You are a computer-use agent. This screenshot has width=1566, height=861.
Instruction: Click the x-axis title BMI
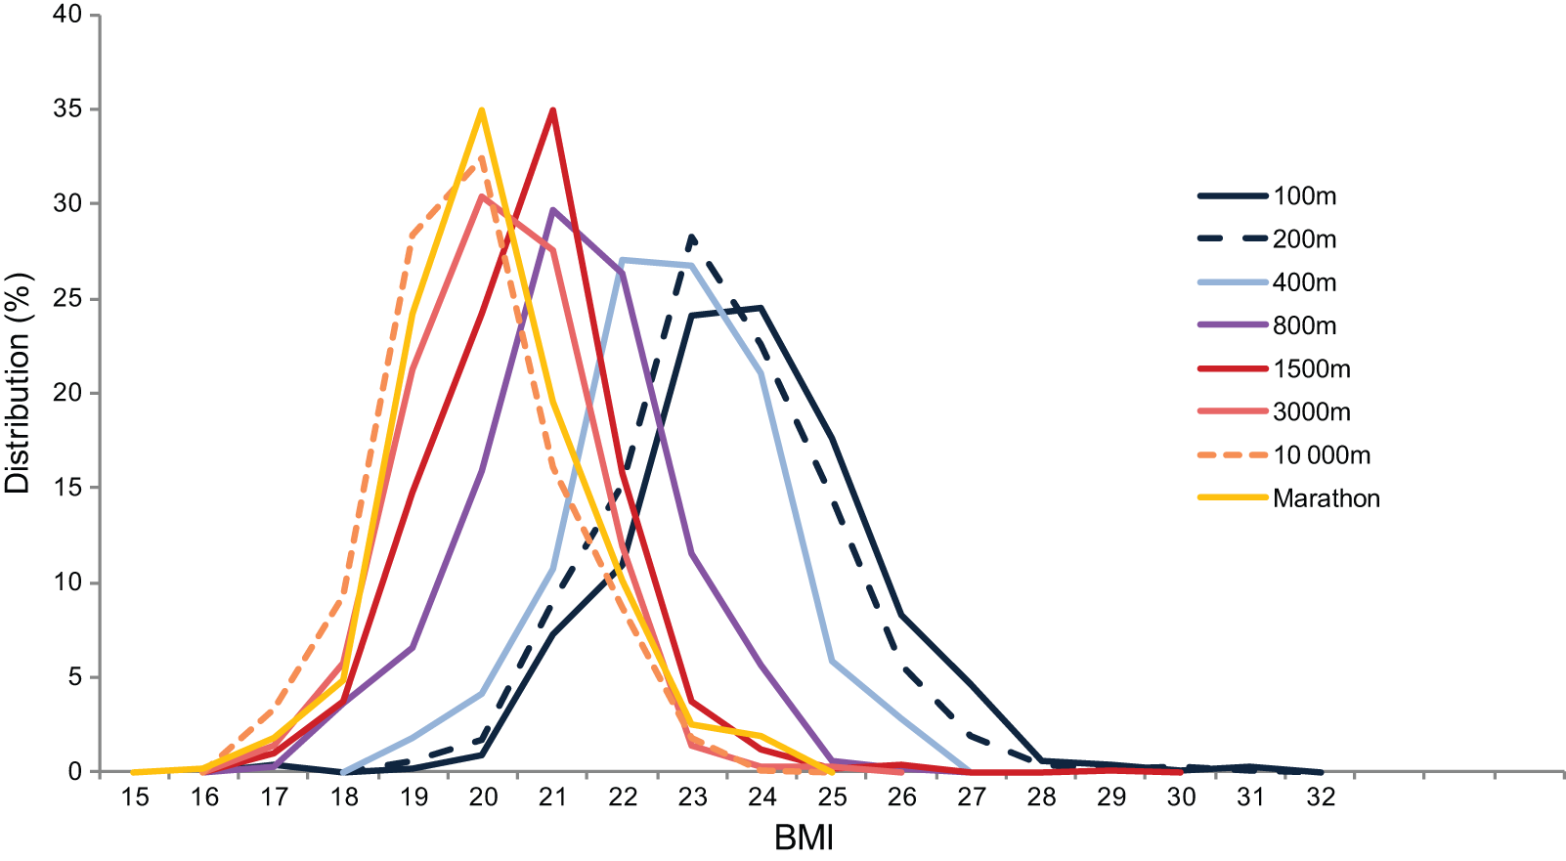click(804, 839)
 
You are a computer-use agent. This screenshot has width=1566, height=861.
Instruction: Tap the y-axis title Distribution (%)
click(19, 382)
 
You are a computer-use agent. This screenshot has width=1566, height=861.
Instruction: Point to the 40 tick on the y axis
click(69, 16)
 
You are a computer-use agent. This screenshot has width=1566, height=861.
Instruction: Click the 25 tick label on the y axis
click(69, 299)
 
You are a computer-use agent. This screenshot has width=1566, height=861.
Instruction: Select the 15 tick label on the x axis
click(135, 797)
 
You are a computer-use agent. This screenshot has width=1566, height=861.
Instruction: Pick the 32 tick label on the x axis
click(1321, 797)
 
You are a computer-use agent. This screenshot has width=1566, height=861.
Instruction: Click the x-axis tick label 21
click(553, 797)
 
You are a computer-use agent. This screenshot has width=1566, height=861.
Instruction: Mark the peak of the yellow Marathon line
click(482, 110)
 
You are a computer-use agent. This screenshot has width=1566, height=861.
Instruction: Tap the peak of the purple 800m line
click(553, 209)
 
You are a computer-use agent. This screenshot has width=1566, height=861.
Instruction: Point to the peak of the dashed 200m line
click(692, 237)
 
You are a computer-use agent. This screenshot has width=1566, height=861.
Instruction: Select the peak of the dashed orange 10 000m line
click(481, 159)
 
